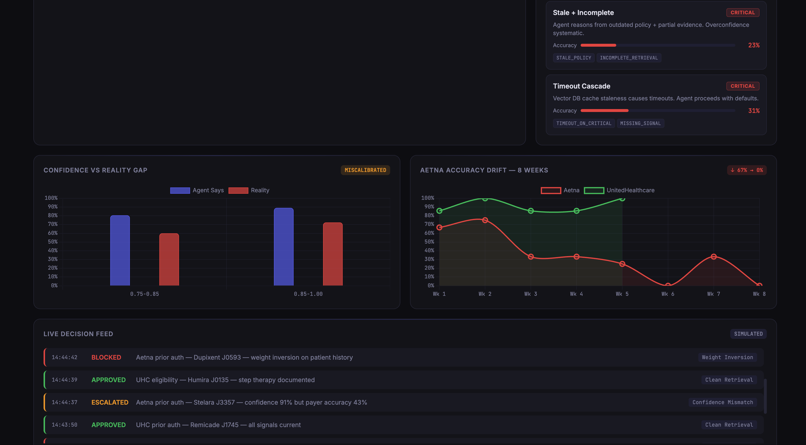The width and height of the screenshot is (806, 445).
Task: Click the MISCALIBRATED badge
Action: pyautogui.click(x=365, y=170)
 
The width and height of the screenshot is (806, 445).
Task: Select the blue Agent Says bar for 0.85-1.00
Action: pyautogui.click(x=283, y=247)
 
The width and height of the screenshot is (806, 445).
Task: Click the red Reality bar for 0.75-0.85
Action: pyautogui.click(x=169, y=260)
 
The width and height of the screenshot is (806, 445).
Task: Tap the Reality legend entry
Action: pyautogui.click(x=249, y=190)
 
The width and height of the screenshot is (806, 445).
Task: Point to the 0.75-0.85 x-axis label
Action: pyautogui.click(x=144, y=294)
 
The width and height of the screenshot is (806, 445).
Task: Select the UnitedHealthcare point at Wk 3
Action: pyautogui.click(x=531, y=211)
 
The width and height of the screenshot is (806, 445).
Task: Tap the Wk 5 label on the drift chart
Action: pyautogui.click(x=622, y=294)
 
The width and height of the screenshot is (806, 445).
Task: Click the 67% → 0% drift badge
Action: pyautogui.click(x=746, y=170)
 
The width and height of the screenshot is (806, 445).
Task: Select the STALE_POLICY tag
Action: pyautogui.click(x=574, y=58)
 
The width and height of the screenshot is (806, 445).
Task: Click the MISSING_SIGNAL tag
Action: pyautogui.click(x=640, y=123)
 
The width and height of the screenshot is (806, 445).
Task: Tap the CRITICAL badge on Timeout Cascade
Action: pyautogui.click(x=743, y=86)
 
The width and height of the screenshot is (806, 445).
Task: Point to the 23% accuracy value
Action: pyautogui.click(x=753, y=45)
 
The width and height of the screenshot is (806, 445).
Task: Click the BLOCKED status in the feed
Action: pyautogui.click(x=106, y=357)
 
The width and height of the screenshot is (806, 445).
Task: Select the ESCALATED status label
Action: pyautogui.click(x=110, y=402)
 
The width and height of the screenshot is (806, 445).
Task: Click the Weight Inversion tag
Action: pyautogui.click(x=727, y=357)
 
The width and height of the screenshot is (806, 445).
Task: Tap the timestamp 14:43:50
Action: pyautogui.click(x=64, y=425)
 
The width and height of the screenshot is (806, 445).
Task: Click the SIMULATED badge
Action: pyautogui.click(x=748, y=334)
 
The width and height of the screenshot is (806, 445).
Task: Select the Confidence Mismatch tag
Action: pyautogui.click(x=722, y=402)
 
